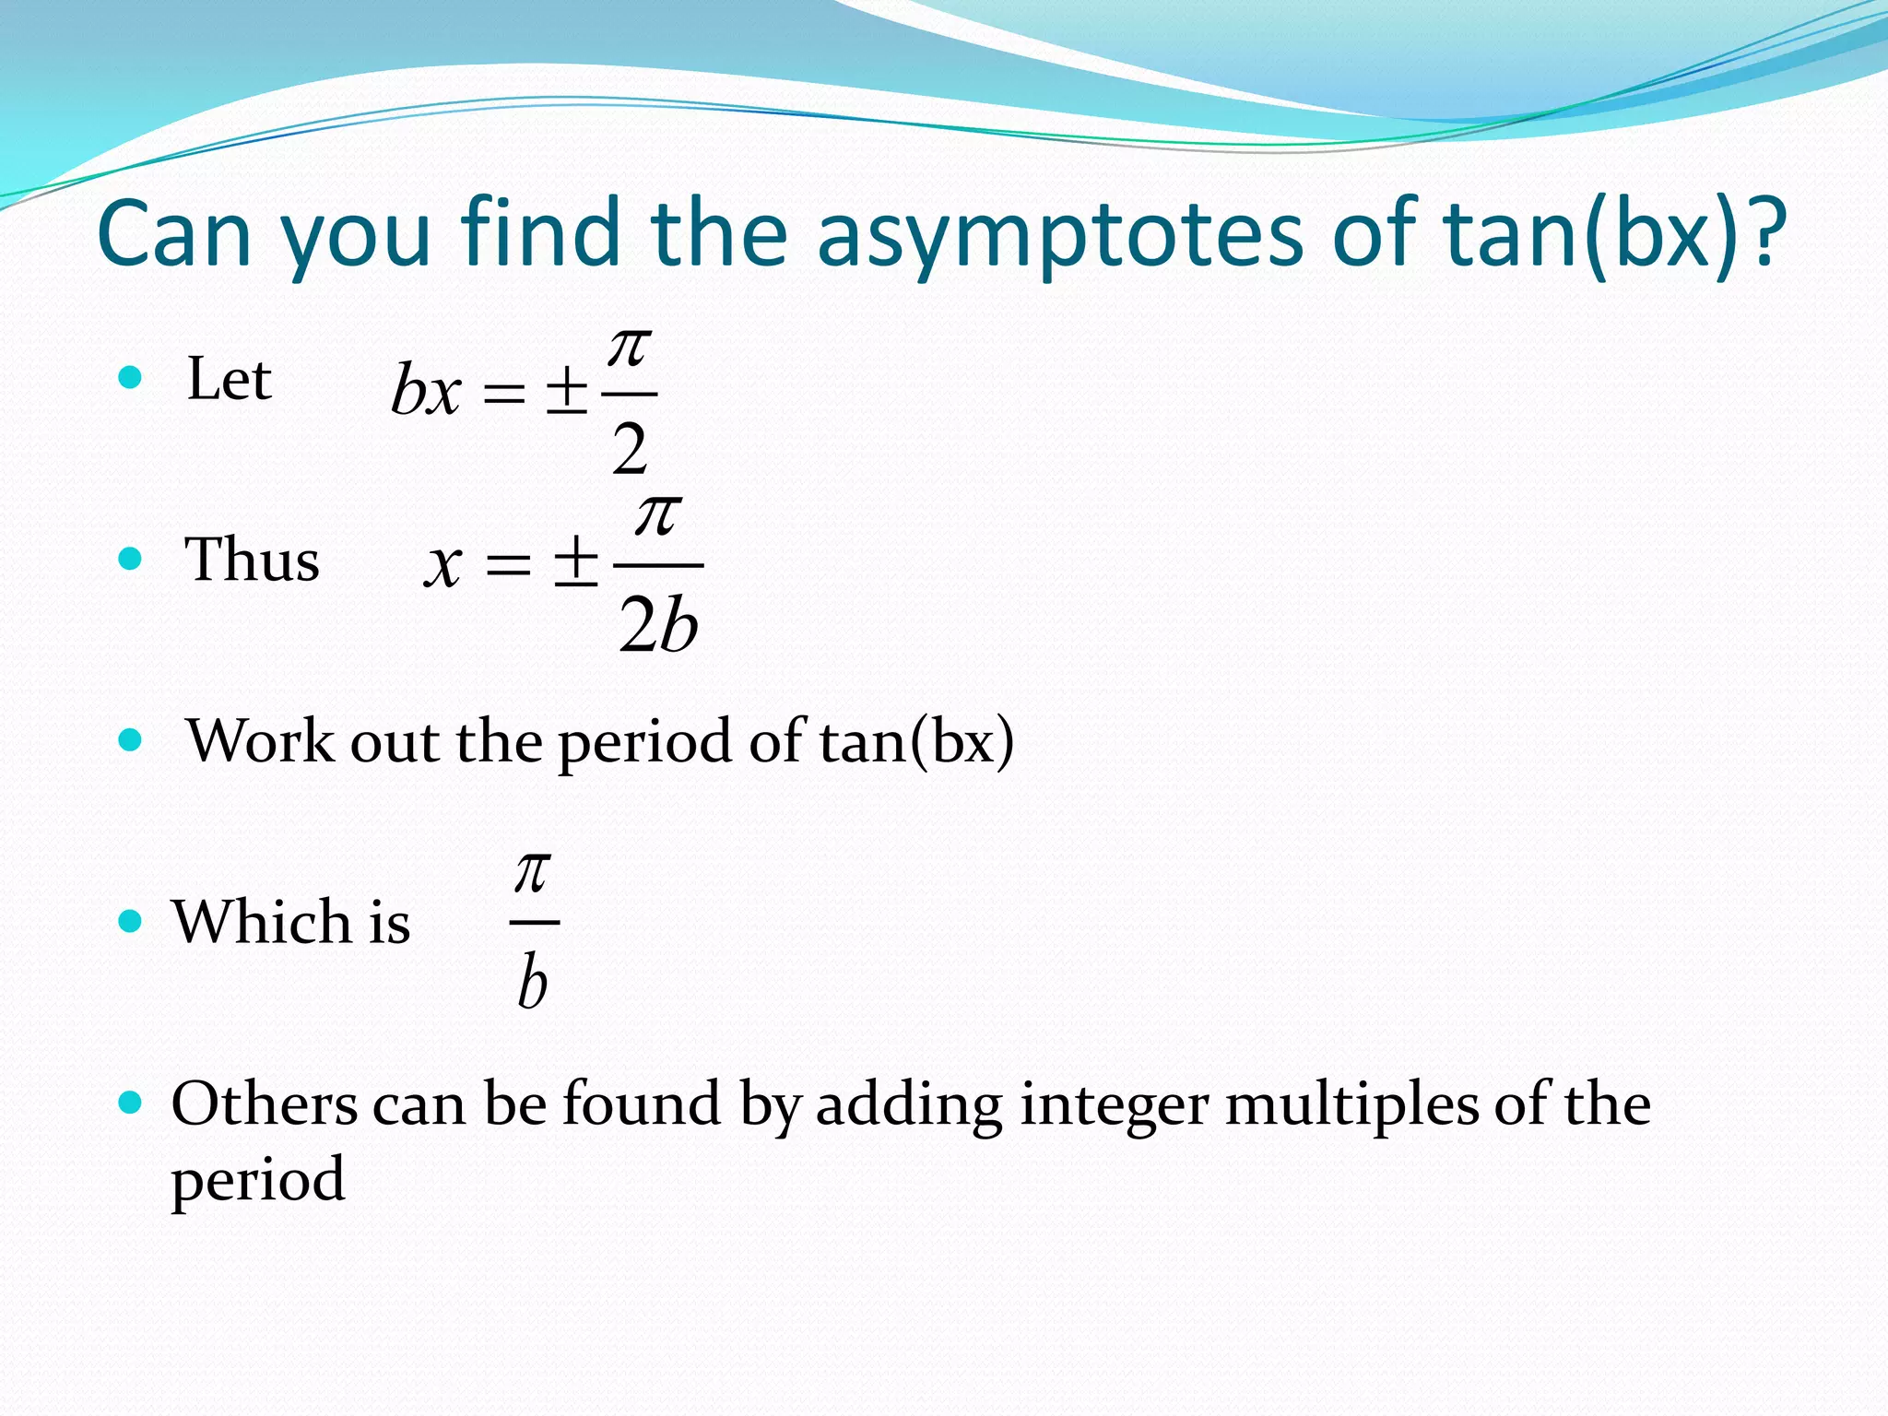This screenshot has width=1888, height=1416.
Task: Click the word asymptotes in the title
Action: (x=1060, y=235)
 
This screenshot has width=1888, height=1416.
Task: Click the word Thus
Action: (x=252, y=560)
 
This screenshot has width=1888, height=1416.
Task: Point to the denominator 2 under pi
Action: (x=630, y=449)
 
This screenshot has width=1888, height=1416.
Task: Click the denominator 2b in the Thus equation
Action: (x=658, y=624)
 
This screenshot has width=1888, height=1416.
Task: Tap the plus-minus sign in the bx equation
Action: (x=566, y=391)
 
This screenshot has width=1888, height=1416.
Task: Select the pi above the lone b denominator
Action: (x=533, y=871)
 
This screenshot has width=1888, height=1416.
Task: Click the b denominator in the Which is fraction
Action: (x=533, y=981)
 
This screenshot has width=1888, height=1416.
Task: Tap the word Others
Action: (x=264, y=1103)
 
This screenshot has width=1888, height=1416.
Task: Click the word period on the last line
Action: (x=257, y=1181)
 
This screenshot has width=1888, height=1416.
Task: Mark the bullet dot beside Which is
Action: (x=131, y=920)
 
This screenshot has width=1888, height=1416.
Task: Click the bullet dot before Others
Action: (x=131, y=1101)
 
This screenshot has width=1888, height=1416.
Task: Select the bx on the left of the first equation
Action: (x=425, y=391)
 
